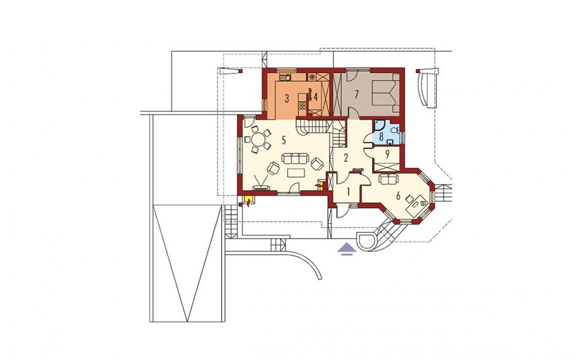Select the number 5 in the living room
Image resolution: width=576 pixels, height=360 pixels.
tap(284, 140)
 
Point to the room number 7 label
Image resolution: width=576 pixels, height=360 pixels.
tap(356, 94)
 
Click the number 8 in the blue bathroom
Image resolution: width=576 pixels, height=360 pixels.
tap(381, 137)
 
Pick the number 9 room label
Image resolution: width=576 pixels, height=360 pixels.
tap(387, 154)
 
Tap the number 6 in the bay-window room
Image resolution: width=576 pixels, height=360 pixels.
tap(398, 196)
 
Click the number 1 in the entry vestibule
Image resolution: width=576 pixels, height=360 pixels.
tap(348, 191)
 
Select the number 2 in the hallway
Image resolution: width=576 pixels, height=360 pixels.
tap(346, 158)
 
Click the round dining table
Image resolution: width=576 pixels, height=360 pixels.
tap(259, 140)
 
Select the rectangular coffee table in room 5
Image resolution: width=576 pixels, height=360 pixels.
tap(297, 172)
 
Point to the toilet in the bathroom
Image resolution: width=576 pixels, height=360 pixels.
tap(394, 130)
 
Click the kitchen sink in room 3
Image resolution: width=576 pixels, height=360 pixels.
tap(286, 77)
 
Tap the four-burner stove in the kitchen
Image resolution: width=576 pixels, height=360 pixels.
tap(303, 105)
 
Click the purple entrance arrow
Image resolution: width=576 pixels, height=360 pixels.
tap(347, 249)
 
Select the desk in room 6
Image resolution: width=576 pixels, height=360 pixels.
tap(417, 204)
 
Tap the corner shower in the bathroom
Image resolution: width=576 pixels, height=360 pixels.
tap(378, 126)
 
